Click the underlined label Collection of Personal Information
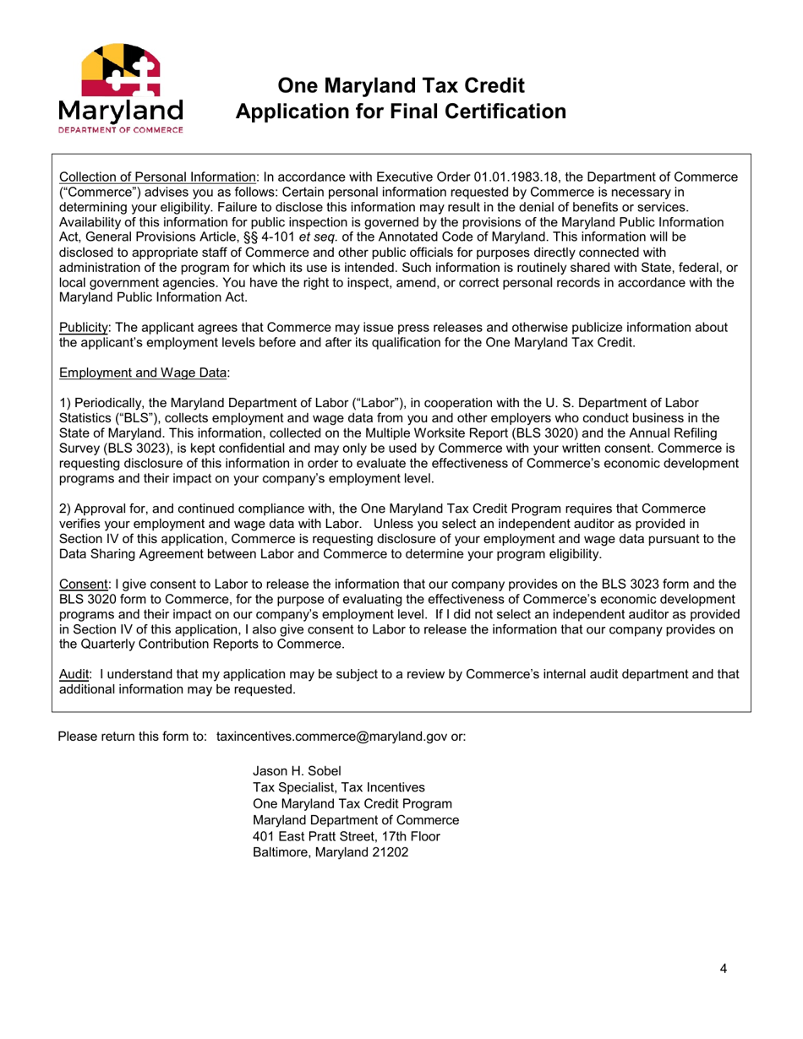[157, 177]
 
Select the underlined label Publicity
[82, 328]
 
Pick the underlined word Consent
[82, 584]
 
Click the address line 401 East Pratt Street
[345, 836]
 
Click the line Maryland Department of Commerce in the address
[356, 819]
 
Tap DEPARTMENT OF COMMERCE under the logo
[120, 131]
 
